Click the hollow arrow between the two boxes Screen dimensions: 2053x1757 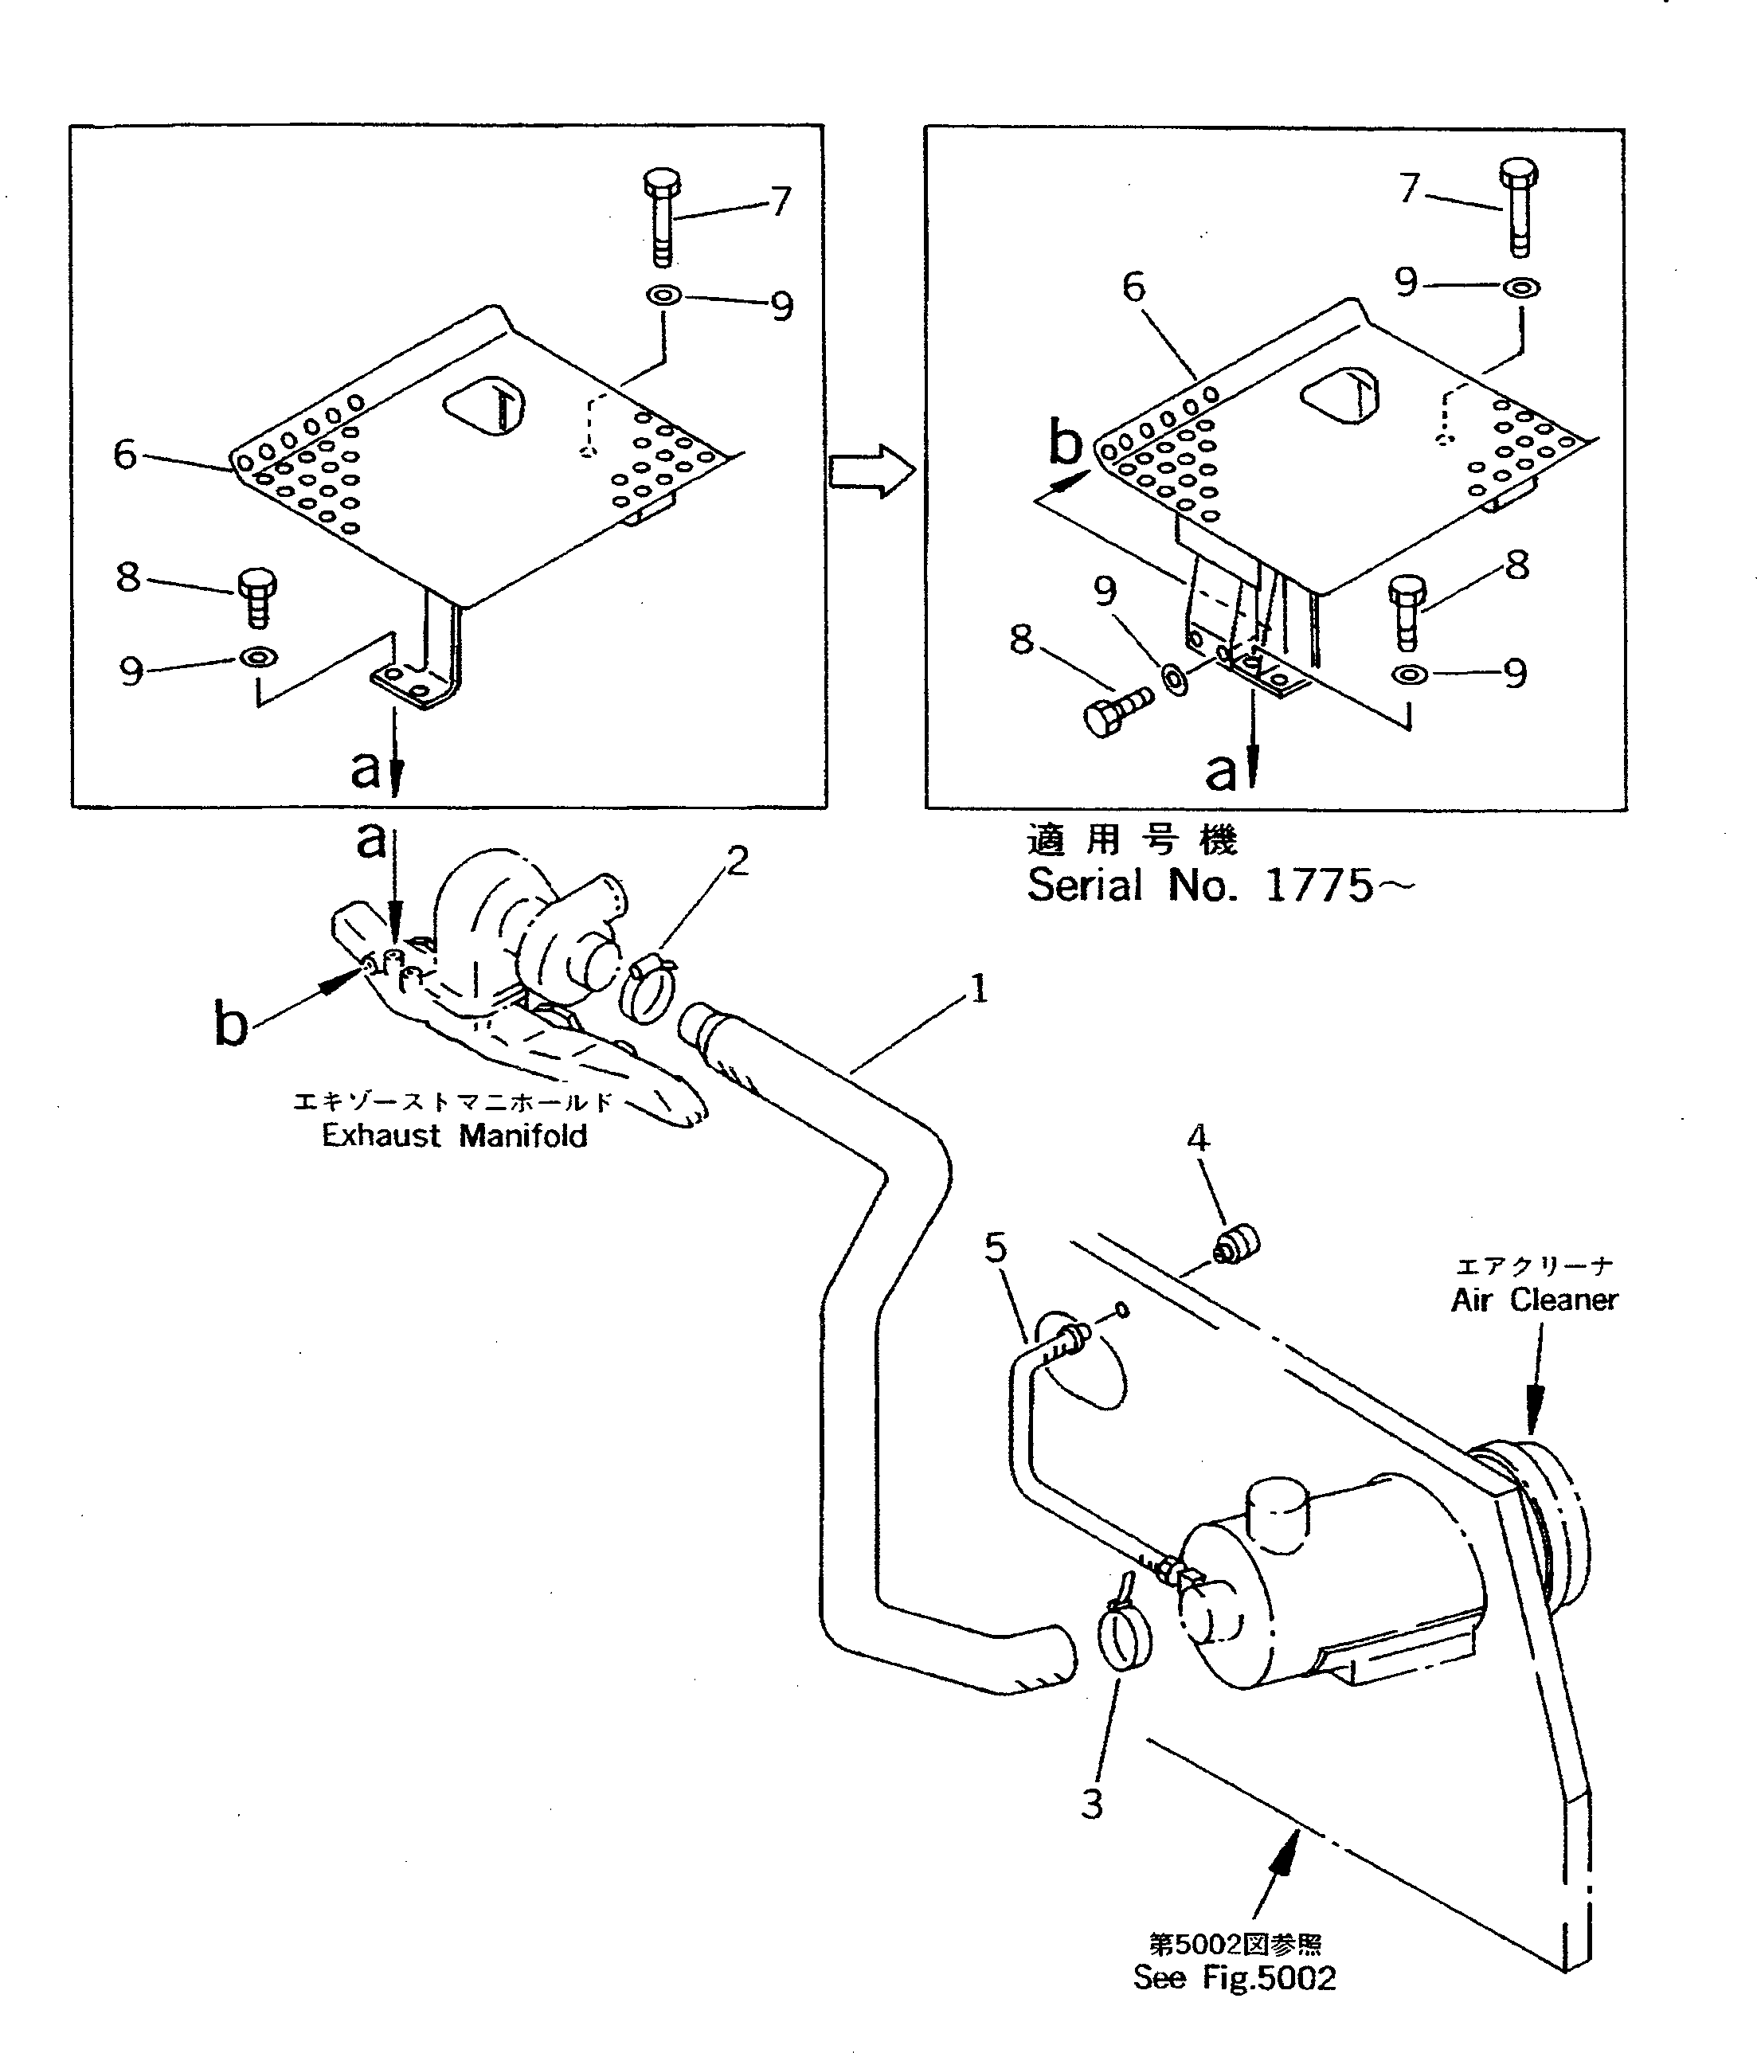click(870, 472)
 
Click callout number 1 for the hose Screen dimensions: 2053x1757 click(979, 987)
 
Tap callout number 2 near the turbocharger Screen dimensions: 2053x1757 click(738, 861)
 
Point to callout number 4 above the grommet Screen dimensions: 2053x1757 click(1198, 1139)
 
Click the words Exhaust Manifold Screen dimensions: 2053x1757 click(454, 1136)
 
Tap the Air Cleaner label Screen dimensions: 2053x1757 click(1534, 1300)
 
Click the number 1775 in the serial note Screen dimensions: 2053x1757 click(1319, 886)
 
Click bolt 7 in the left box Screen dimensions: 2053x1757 click(662, 218)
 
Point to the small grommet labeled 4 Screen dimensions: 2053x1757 click(1238, 1245)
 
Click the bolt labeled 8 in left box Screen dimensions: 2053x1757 click(257, 597)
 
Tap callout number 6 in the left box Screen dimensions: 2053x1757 click(125, 455)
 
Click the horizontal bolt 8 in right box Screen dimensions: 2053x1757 click(1117, 710)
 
